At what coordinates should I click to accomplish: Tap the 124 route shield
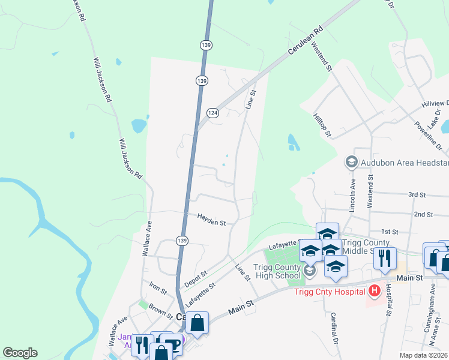pos(212,113)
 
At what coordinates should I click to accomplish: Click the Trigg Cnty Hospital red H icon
pos(375,292)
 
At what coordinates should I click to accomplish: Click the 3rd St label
pos(417,195)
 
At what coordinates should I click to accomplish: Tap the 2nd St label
pos(423,214)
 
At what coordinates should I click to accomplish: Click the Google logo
pos(20,353)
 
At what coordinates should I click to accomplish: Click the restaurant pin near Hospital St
pos(384,258)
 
